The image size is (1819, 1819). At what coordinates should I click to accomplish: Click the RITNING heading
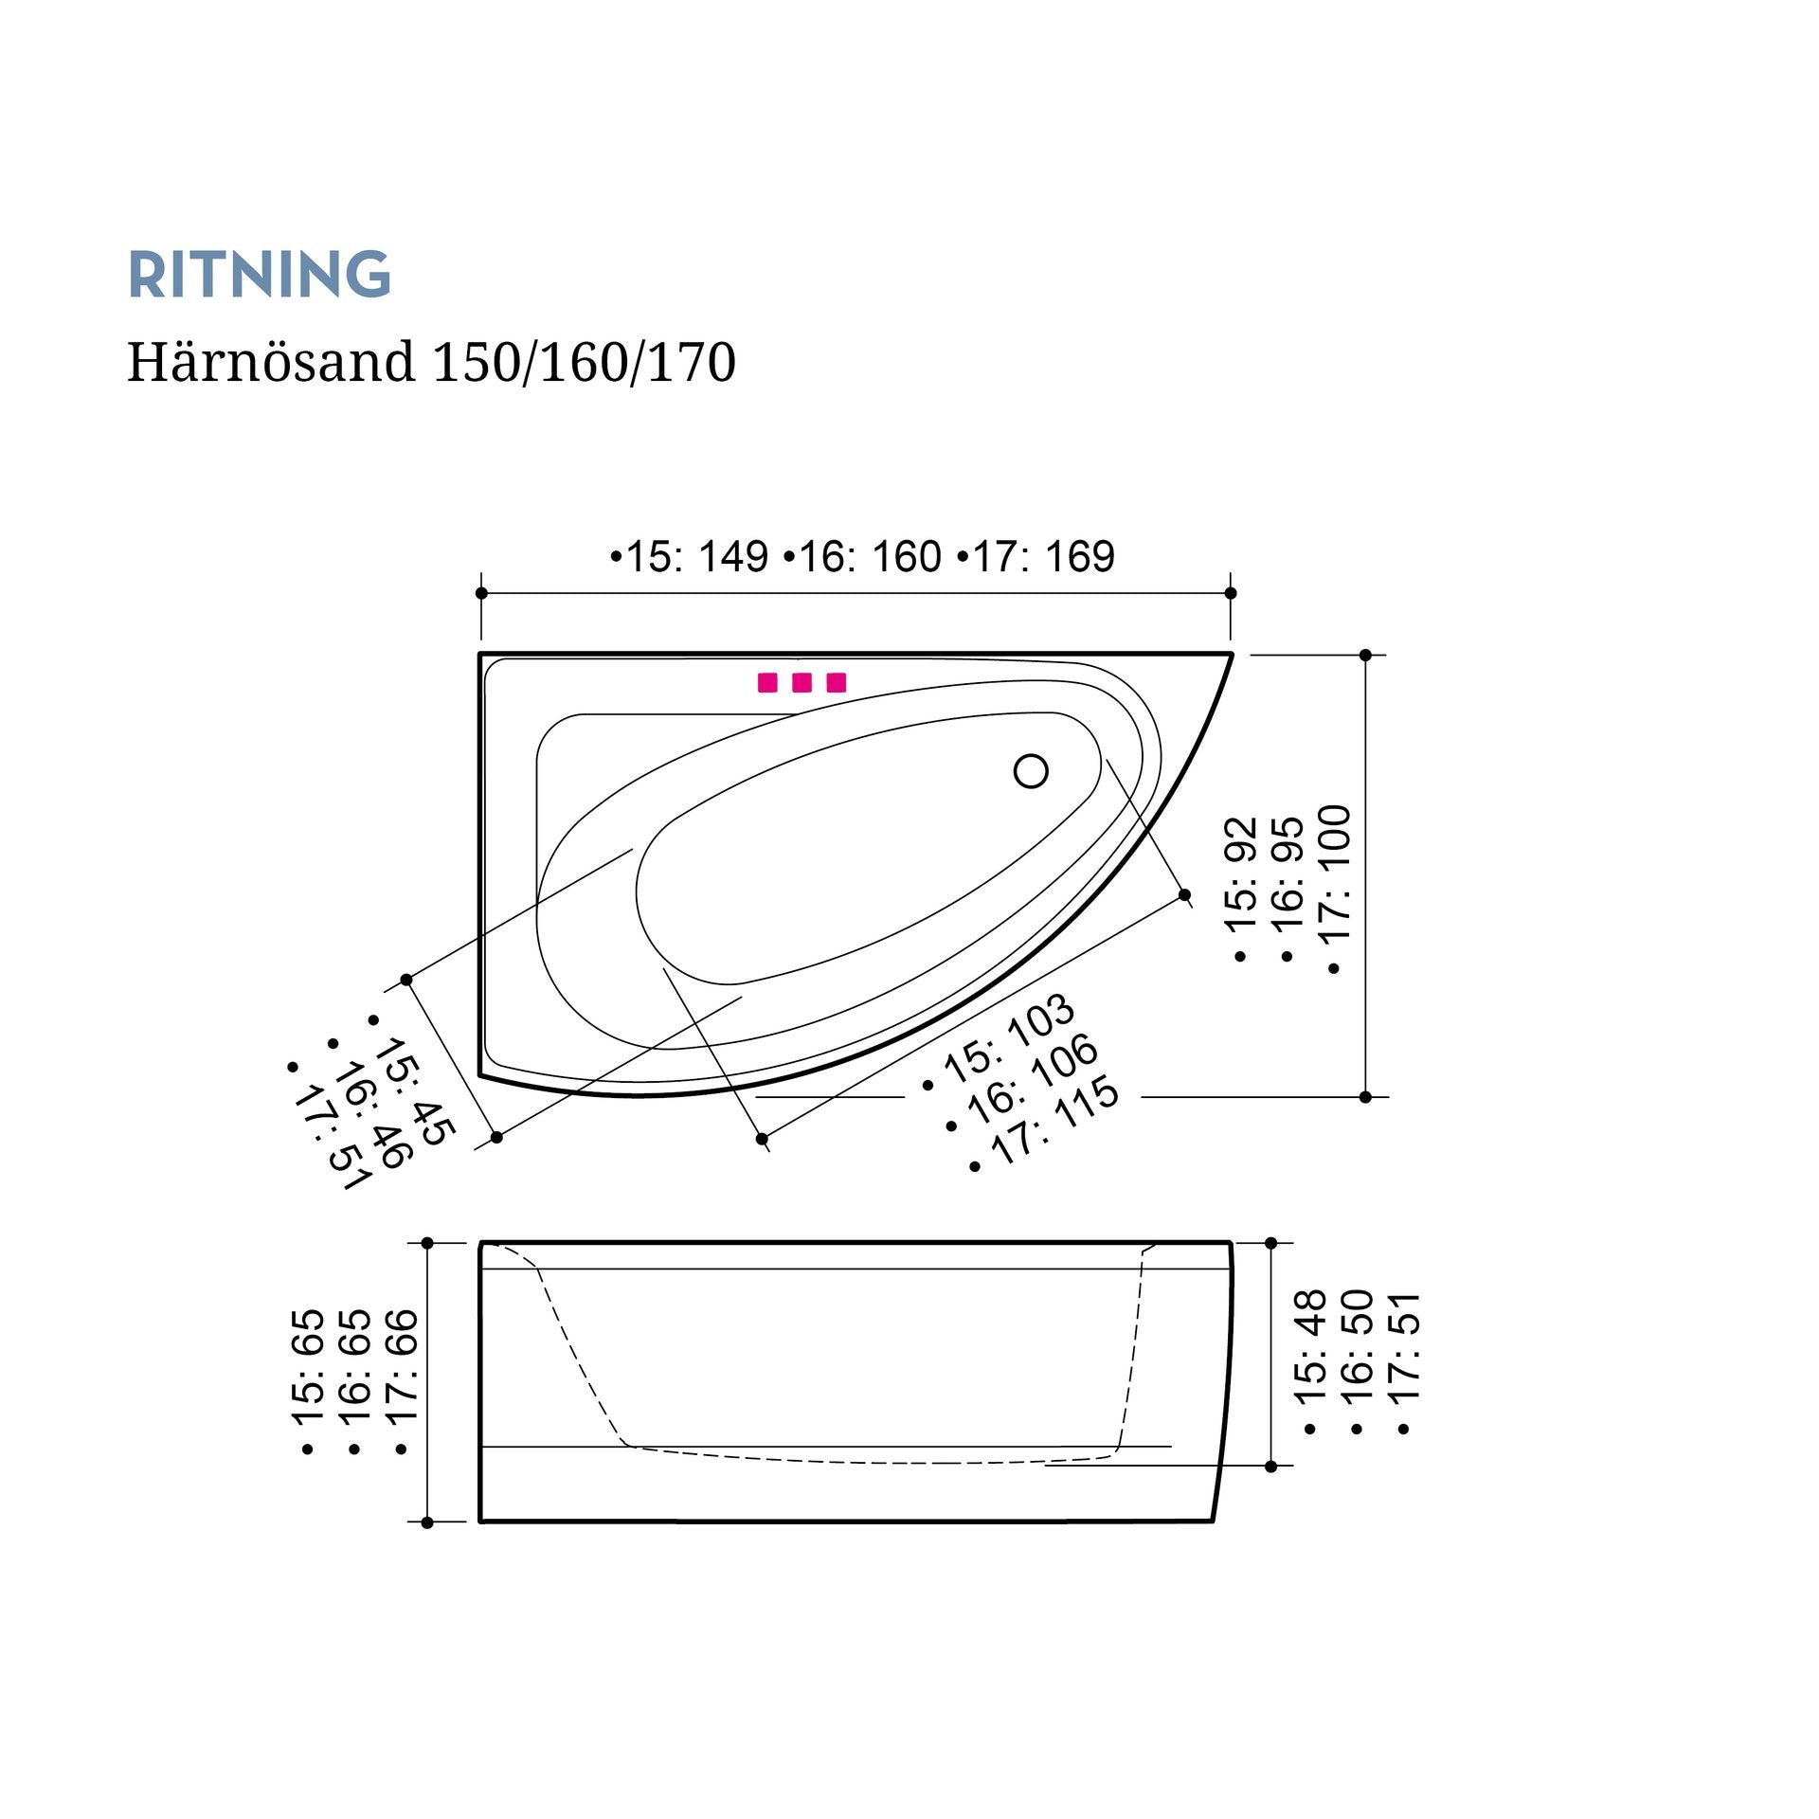tap(259, 275)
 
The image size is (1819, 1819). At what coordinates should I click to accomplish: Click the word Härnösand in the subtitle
tap(271, 361)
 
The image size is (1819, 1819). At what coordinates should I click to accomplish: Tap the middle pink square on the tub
tap(801, 682)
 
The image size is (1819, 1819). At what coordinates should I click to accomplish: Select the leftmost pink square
tap(767, 682)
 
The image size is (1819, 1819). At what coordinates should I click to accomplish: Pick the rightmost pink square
tap(836, 682)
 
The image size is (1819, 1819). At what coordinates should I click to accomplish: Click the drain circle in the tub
tap(1031, 771)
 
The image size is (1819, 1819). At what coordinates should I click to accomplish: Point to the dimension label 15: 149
tap(690, 556)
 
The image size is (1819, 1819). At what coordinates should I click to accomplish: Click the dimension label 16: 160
tap(863, 556)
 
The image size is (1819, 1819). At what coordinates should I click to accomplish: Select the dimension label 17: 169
tap(1036, 556)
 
